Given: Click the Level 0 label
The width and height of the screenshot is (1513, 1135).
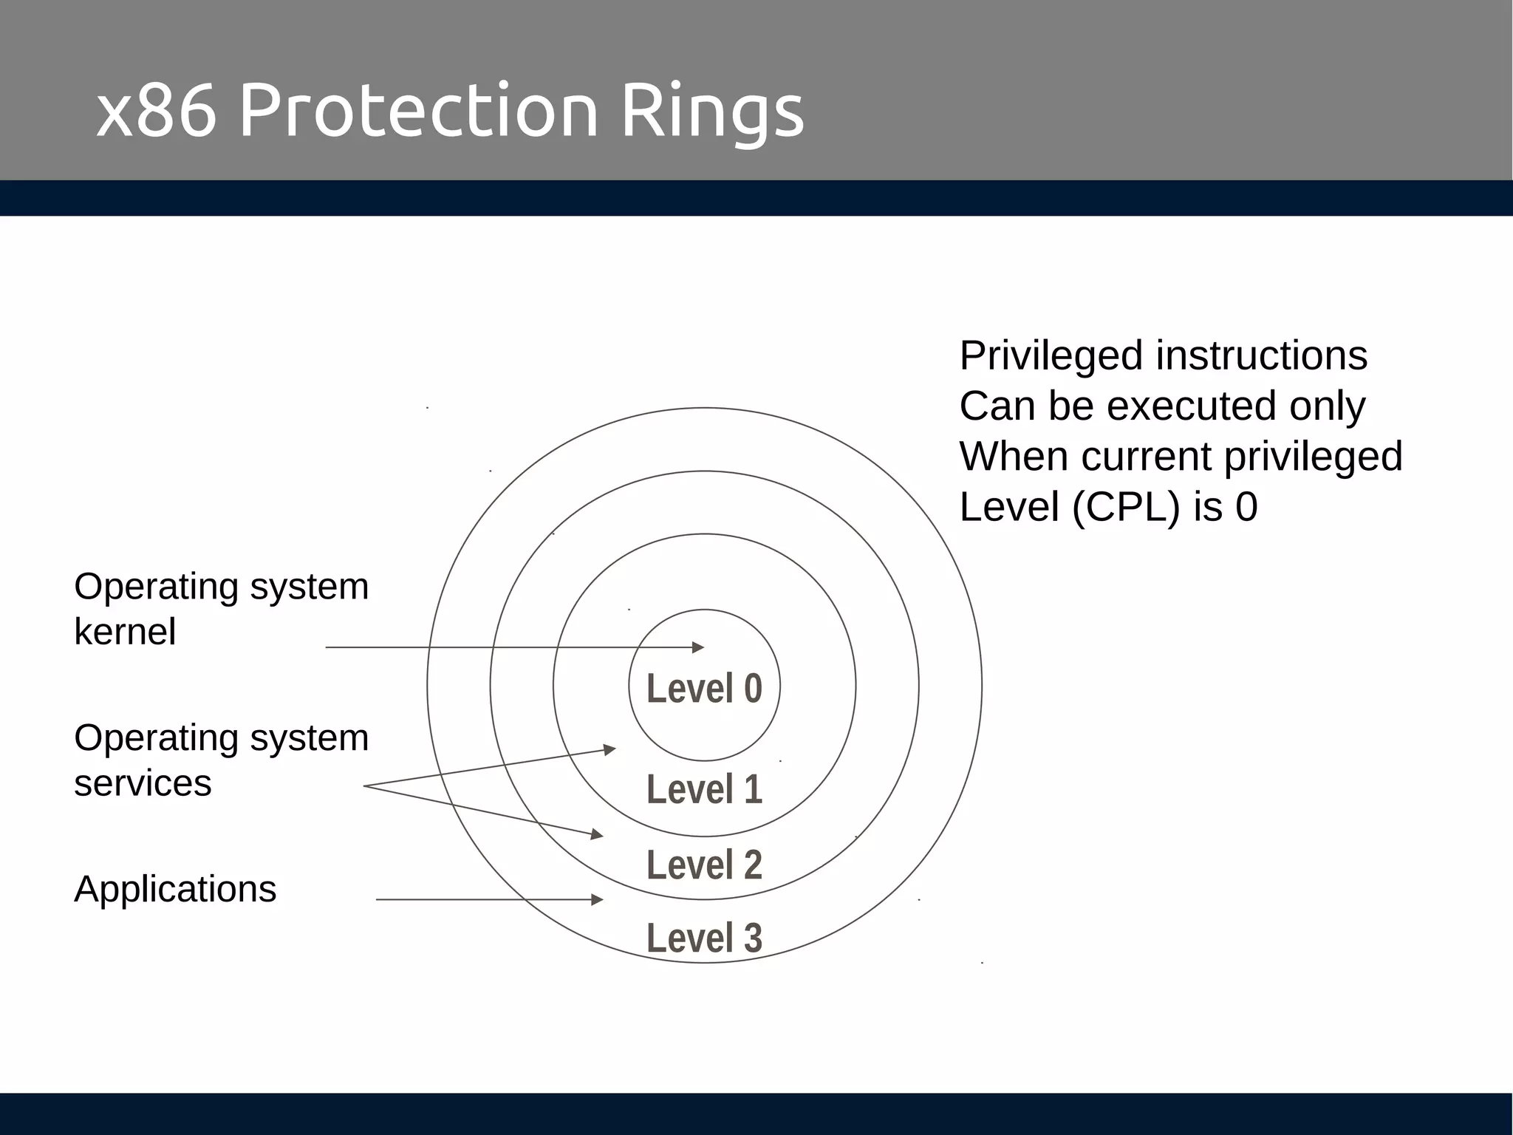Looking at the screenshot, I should [x=704, y=689].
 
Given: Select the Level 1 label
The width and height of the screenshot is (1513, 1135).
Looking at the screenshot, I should [x=704, y=789].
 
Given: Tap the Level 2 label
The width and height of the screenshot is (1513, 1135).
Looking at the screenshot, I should [x=704, y=865].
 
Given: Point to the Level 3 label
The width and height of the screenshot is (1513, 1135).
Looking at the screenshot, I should [x=704, y=938].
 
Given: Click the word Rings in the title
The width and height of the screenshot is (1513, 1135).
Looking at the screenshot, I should [x=711, y=111].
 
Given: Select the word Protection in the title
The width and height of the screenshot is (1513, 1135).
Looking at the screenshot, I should [x=418, y=111].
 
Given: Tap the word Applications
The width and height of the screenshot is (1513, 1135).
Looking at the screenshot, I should [x=175, y=889].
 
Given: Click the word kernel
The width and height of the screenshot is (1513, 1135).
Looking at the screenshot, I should [x=125, y=632].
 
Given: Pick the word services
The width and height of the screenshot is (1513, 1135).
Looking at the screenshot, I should [x=143, y=783].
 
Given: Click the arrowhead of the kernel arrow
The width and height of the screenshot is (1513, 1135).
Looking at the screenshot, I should [x=698, y=647].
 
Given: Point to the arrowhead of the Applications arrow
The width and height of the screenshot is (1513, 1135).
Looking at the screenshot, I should [x=598, y=899].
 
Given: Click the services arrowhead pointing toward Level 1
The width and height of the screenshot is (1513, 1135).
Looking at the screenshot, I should [x=610, y=750].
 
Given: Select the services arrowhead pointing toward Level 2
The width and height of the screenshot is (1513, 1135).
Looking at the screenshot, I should [x=598, y=835].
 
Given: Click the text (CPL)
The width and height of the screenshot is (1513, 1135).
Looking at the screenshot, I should [x=1127, y=508].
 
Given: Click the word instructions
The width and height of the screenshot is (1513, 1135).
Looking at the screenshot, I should [x=1262, y=355].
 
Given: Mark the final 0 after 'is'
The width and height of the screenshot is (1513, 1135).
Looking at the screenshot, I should [x=1246, y=508].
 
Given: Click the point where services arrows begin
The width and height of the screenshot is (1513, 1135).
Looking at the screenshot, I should [x=364, y=786].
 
